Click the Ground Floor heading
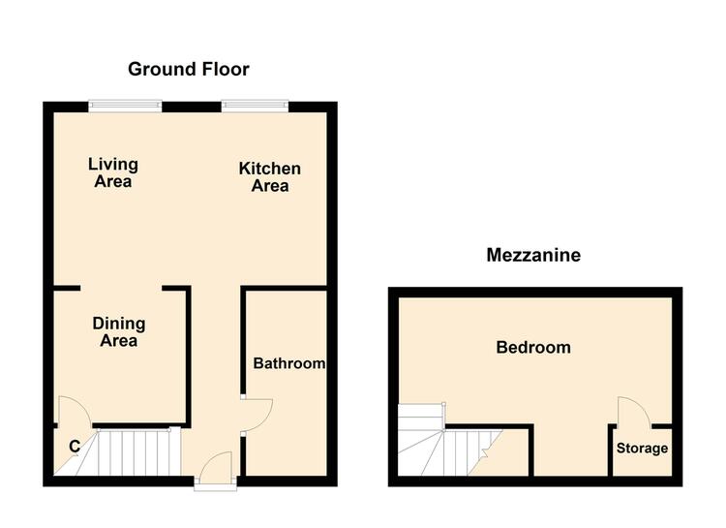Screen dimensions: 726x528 [x=189, y=70]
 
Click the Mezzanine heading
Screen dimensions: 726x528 [x=533, y=256]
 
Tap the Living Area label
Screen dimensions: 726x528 [x=113, y=172]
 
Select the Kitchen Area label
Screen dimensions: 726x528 [x=270, y=177]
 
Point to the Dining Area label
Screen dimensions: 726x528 [x=119, y=332]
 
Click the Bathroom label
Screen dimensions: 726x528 [x=288, y=363]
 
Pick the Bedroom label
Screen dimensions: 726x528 [x=533, y=347]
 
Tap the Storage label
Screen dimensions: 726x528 [x=642, y=449]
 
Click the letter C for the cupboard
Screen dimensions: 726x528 [x=75, y=447]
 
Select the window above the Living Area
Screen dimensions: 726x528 [x=126, y=107]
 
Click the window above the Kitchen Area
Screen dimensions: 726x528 [x=255, y=107]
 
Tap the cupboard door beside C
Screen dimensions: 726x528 [x=75, y=410]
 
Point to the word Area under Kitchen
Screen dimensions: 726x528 [x=270, y=186]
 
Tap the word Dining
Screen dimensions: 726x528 [x=119, y=324]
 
